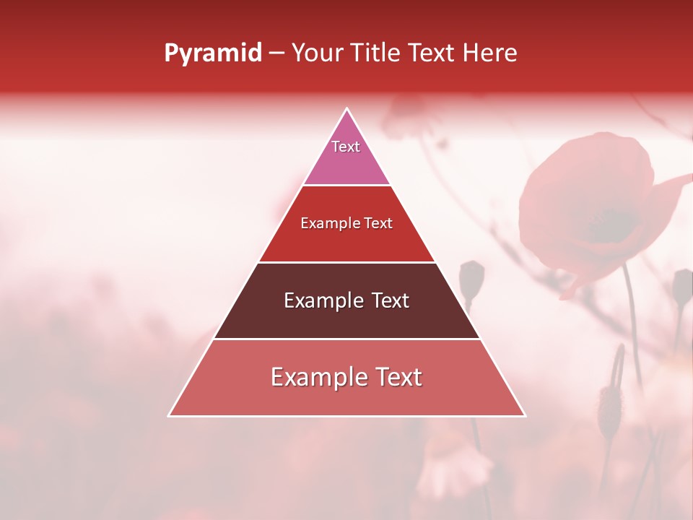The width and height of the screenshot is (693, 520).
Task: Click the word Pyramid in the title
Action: (x=213, y=53)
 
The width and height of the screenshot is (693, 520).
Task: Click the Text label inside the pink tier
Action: (x=346, y=147)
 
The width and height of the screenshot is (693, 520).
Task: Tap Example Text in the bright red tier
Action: (x=346, y=223)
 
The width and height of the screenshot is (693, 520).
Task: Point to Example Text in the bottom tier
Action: (x=346, y=377)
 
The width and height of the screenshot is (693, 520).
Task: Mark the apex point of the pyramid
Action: (x=347, y=109)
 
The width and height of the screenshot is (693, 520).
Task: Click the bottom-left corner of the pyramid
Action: (x=169, y=416)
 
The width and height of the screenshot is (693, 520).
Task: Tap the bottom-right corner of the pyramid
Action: (x=525, y=416)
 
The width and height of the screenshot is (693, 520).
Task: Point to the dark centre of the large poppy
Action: (x=614, y=224)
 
